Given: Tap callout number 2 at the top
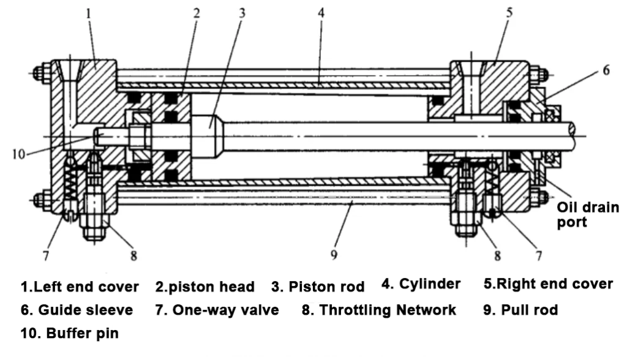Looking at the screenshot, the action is pos(197,13).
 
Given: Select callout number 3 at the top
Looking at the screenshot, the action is pos(242,13).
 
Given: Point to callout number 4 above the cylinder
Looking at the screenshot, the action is pos(321,13).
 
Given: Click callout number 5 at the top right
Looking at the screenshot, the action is pos(509,12).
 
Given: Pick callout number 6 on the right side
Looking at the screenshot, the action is pos(606,70).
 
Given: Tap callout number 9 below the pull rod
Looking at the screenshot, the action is pos(334,255).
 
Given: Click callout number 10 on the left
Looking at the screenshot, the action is pos(18,154).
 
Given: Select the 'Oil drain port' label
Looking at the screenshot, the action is pos(588,215).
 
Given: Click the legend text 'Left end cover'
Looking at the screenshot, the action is pos(86,287).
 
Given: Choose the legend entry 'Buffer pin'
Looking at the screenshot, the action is pos(83,333).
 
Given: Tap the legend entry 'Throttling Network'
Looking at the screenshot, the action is pos(388,310).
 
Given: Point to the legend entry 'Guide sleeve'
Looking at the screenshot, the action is pos(85,310).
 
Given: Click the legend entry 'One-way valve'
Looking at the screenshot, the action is pos(225,310).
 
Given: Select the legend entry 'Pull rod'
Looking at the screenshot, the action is pos(530,310).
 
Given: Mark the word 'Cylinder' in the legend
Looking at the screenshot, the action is pos(430,284).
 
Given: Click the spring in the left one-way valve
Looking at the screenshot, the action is pos(71,182).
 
